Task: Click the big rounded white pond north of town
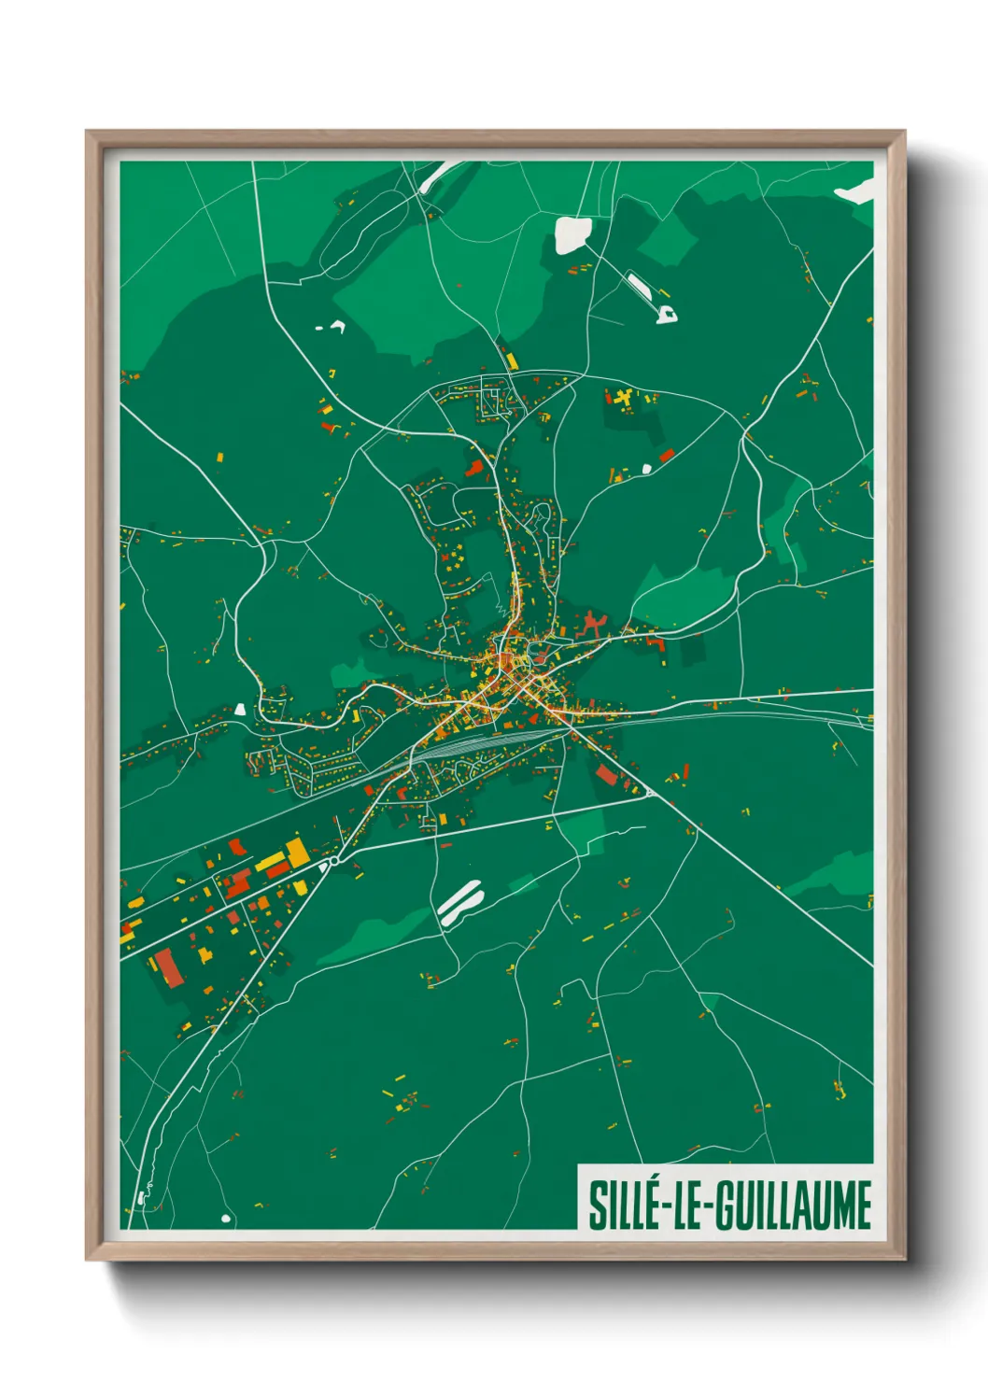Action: point(572,234)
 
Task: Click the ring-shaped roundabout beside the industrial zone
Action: point(333,861)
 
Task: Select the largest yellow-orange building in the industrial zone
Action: point(296,852)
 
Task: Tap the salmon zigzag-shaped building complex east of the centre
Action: point(590,624)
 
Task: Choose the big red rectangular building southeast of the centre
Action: point(606,774)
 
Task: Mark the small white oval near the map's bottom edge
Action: point(225,1219)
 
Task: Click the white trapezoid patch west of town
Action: point(240,709)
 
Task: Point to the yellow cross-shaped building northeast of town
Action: point(622,399)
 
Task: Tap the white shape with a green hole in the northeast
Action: point(667,314)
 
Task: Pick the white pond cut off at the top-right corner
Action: point(857,191)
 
